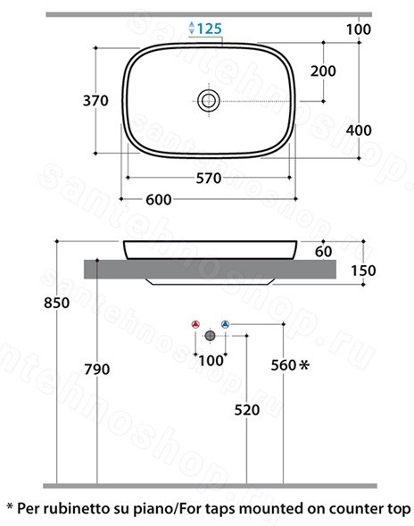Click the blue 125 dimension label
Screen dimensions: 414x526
[x=209, y=29]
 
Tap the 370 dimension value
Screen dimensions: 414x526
[x=95, y=100]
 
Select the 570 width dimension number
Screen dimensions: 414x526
[x=209, y=178]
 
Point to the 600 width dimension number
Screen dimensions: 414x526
[x=159, y=200]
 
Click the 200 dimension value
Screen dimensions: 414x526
[x=323, y=71]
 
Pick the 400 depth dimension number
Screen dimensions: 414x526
[x=359, y=129]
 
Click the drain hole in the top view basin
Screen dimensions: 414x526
[x=209, y=101]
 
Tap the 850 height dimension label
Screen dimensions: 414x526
[x=56, y=303]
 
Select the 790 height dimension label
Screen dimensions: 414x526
[x=97, y=369]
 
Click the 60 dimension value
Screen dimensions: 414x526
[x=324, y=251]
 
